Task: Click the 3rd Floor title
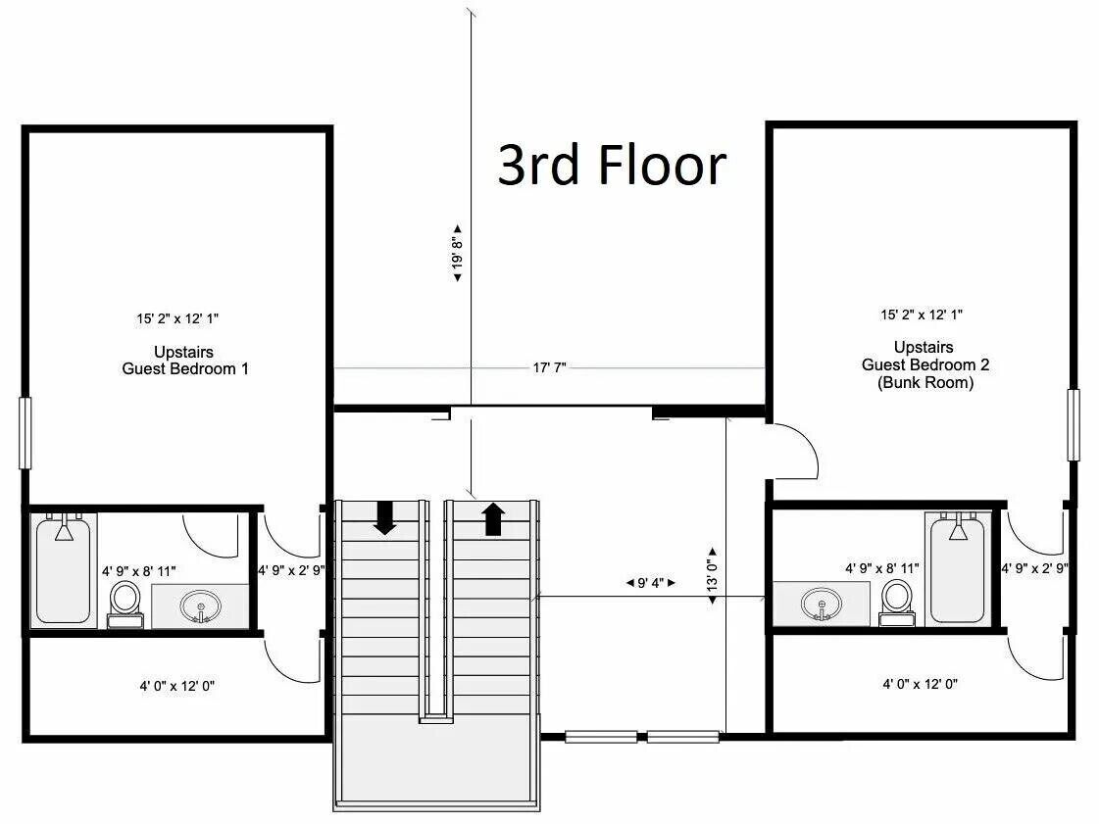[x=612, y=166]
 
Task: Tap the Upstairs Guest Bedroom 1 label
[x=185, y=361]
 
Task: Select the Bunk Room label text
[x=925, y=382]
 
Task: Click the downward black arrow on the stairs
[x=384, y=517]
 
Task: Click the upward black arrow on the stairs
[x=493, y=519]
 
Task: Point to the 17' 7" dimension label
[x=549, y=367]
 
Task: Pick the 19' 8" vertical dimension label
[x=458, y=253]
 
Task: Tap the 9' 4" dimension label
[x=650, y=582]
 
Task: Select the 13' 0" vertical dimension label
[x=713, y=574]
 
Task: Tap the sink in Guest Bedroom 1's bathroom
[x=200, y=606]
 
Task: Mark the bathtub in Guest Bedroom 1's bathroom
[x=63, y=569]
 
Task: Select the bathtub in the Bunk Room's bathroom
[x=958, y=568]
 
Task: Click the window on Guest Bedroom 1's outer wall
[x=25, y=432]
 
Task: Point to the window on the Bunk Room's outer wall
[x=1074, y=424]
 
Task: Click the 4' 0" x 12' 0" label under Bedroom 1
[x=176, y=686]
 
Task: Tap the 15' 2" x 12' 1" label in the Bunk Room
[x=922, y=315]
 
